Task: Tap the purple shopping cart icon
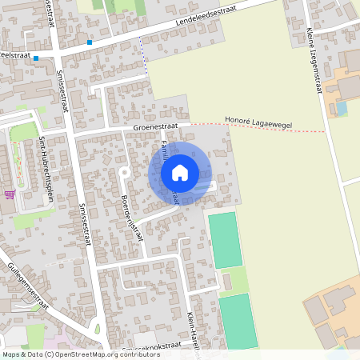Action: click(9, 194)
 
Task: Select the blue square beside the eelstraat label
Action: click(36, 58)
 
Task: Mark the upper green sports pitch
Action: click(225, 239)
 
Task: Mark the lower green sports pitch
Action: click(238, 321)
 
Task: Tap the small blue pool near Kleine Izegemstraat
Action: click(342, 107)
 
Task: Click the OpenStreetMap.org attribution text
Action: click(88, 354)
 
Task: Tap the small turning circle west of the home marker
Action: click(123, 172)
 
